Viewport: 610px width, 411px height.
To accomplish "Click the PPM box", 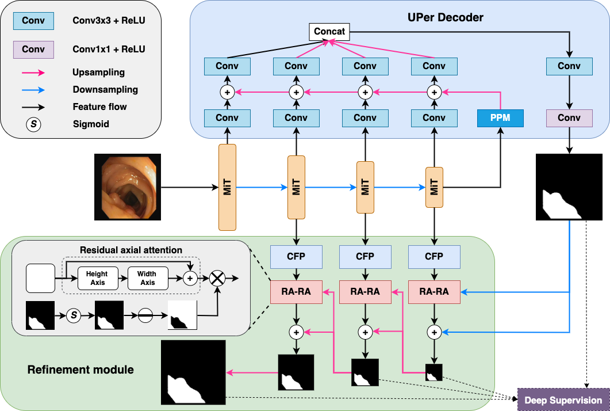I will click(x=501, y=118).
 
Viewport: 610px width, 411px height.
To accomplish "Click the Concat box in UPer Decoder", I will click(x=329, y=31).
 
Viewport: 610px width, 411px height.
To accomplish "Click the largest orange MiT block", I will click(x=228, y=187).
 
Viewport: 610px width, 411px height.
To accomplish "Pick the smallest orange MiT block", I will click(x=434, y=187).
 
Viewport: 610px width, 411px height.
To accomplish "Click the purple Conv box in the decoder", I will click(x=569, y=118).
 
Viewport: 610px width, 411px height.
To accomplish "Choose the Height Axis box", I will click(x=97, y=279).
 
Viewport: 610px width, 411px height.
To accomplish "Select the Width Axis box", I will click(x=148, y=279).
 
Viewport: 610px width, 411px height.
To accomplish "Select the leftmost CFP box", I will click(x=296, y=256).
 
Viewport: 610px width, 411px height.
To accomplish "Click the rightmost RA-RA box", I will click(x=434, y=292).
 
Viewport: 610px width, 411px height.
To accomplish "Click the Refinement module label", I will click(x=80, y=370).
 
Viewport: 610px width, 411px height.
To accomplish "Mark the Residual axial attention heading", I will click(x=131, y=250).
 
